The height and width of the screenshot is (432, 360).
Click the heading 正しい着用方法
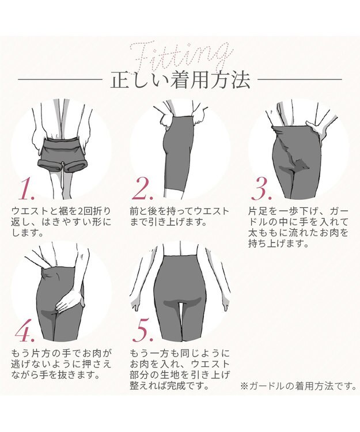click(x=180, y=80)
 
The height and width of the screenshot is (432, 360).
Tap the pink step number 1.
click(x=28, y=188)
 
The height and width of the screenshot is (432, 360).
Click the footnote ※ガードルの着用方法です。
click(x=298, y=386)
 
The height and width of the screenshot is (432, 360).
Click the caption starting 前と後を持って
click(x=180, y=217)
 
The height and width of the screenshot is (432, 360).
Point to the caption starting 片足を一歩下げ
click(x=298, y=228)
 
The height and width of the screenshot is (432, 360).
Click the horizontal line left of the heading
click(x=64, y=79)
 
